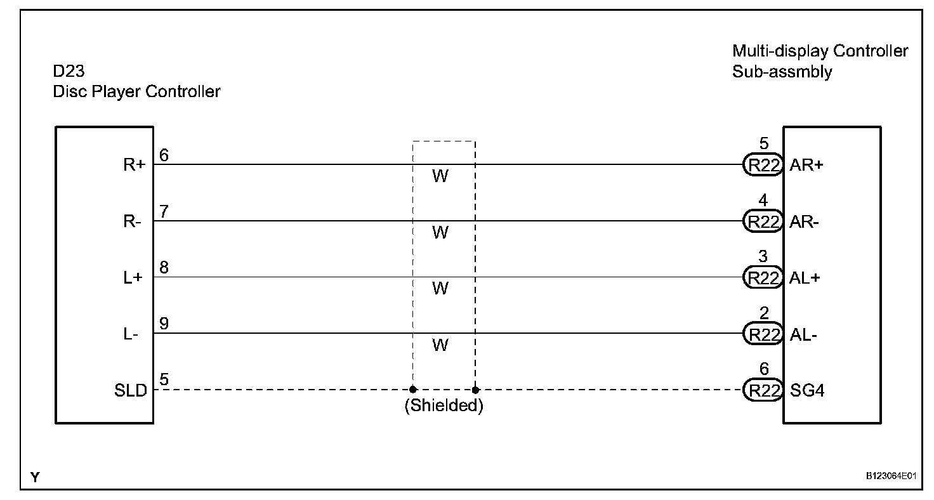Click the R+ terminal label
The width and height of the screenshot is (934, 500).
[135, 166]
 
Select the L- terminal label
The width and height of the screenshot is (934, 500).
[131, 334]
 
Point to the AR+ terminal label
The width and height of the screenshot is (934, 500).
[806, 166]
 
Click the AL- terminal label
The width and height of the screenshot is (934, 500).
[803, 334]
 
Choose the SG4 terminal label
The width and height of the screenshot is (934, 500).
[807, 391]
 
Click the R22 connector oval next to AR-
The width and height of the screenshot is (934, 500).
[763, 221]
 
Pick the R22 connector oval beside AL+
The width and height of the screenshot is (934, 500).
[763, 278]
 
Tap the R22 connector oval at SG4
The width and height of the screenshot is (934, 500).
[763, 391]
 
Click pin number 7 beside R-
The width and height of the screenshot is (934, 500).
[164, 212]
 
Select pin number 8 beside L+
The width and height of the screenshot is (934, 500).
[164, 268]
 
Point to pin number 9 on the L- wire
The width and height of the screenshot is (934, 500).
[164, 324]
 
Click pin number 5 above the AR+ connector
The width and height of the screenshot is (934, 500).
[763, 144]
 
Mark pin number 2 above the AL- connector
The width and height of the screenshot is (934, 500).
[763, 313]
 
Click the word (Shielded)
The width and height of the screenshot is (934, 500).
[444, 406]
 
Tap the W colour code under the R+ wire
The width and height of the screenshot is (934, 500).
[440, 176]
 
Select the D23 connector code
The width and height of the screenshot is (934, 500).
[69, 70]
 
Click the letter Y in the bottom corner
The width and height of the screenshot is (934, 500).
[35, 477]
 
